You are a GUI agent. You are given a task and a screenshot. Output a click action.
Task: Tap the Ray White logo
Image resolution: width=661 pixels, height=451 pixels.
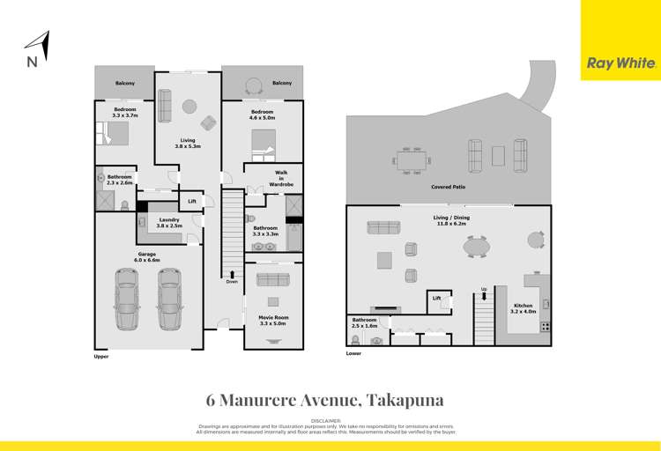620,63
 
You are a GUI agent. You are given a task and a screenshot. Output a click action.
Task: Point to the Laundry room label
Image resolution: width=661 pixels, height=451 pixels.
169,223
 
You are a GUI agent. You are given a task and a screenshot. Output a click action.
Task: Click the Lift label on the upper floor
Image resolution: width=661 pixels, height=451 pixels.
191,202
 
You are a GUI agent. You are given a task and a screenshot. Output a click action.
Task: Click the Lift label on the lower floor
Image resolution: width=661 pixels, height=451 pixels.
436,299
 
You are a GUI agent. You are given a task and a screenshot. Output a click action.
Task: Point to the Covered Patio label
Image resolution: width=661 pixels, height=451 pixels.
449,188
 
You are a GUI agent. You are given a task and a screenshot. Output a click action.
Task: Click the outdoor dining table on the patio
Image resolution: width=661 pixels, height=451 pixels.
410,161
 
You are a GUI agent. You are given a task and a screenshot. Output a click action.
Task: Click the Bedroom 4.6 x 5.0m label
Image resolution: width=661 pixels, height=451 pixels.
264,115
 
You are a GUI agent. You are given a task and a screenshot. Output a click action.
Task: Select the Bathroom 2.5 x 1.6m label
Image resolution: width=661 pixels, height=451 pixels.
365,322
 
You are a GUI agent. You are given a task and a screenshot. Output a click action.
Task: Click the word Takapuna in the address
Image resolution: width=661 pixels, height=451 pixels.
412,399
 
